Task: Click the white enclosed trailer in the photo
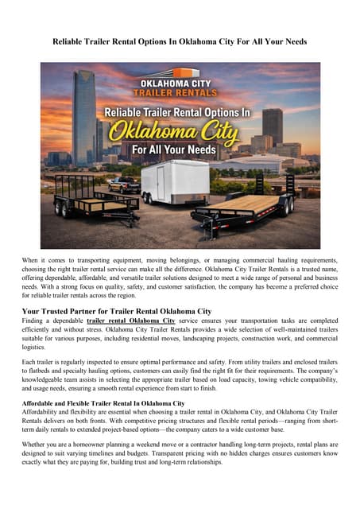[172, 182]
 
